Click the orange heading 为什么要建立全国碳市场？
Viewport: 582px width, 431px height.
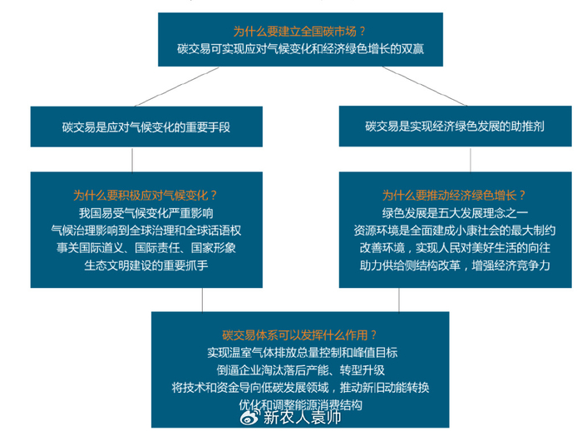pos(299,31)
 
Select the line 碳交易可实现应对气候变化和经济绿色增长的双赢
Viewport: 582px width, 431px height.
pos(300,50)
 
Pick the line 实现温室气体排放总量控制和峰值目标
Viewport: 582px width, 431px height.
pos(300,353)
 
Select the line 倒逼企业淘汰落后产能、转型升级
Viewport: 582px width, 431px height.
pos(300,370)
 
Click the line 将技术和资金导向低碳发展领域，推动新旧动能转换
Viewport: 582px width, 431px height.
pos(300,388)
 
